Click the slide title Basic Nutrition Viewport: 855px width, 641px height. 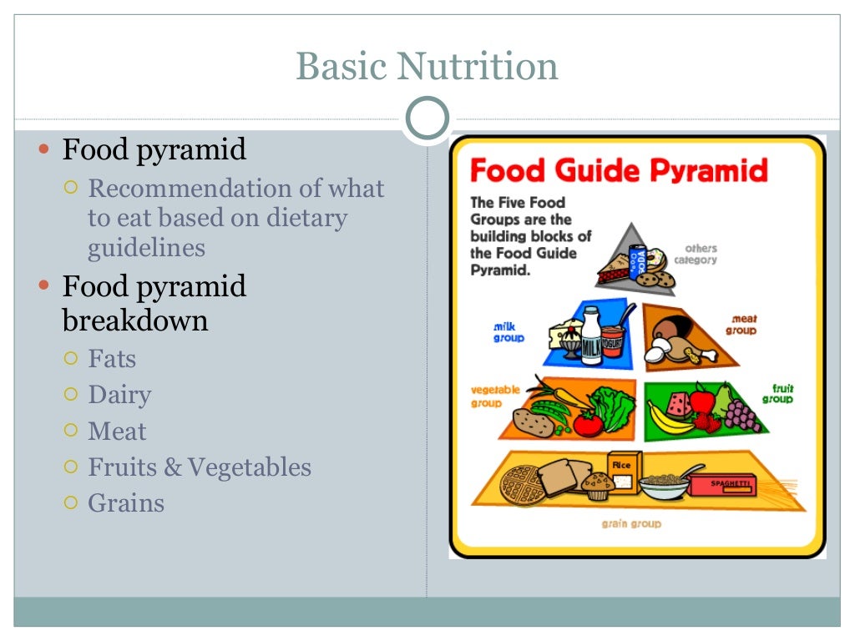pyautogui.click(x=427, y=67)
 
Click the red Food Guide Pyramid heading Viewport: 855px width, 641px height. pyautogui.click(x=619, y=170)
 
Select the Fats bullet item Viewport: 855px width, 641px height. pyautogui.click(x=112, y=359)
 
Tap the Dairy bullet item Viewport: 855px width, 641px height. pyautogui.click(x=119, y=395)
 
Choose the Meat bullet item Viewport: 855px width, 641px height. pyautogui.click(x=117, y=432)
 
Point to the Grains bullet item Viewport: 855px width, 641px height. pyautogui.click(x=126, y=503)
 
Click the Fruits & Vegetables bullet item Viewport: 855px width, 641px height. pyautogui.click(x=200, y=467)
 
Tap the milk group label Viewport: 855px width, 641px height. pyautogui.click(x=508, y=332)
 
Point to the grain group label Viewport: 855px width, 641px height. pyautogui.click(x=631, y=523)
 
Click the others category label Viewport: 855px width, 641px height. pyautogui.click(x=701, y=254)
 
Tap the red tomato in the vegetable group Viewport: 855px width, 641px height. pyautogui.click(x=588, y=423)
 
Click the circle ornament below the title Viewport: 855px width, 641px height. pyautogui.click(x=427, y=118)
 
